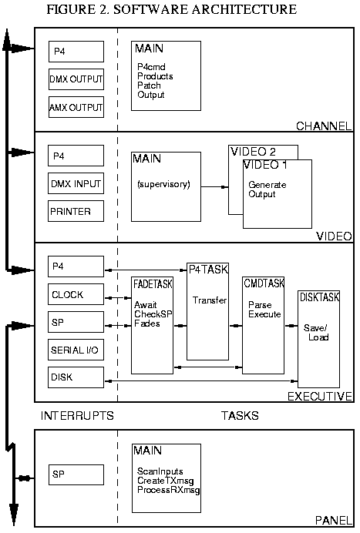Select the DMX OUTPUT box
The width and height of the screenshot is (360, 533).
pos(76,79)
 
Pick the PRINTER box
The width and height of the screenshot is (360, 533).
pos(76,210)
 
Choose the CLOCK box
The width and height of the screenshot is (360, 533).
pos(76,294)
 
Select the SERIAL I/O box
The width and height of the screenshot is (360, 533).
pos(76,349)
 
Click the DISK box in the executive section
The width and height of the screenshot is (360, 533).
pos(76,377)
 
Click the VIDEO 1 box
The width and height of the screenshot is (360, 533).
pos(278,193)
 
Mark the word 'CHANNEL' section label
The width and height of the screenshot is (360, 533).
pos(325,126)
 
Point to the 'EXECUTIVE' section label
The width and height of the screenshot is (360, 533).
pos(320,396)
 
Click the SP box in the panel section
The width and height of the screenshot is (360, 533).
pos(76,474)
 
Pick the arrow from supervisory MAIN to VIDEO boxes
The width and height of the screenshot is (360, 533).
pos(214,187)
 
